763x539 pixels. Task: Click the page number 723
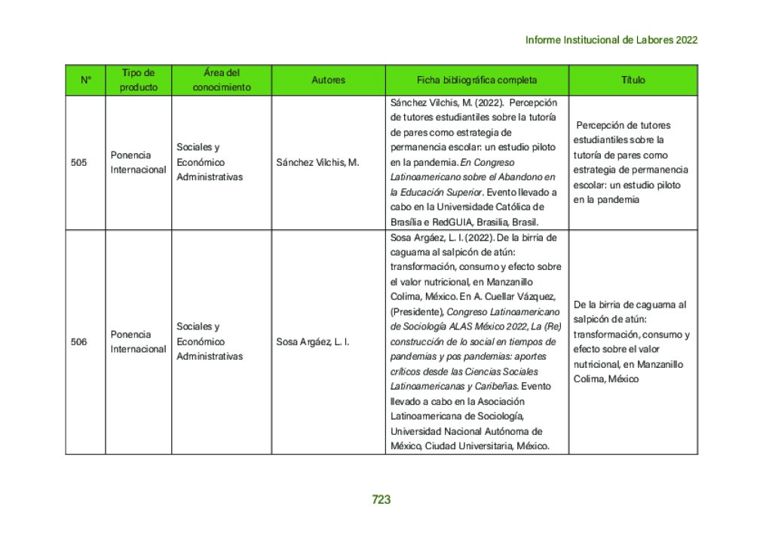(381, 499)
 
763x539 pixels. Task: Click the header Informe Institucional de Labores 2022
(611, 40)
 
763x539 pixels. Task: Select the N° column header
(85, 80)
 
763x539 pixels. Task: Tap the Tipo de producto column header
(139, 80)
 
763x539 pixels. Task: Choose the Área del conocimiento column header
(222, 80)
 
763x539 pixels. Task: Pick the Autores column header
(328, 80)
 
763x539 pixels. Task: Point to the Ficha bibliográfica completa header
(476, 80)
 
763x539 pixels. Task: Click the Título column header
(633, 80)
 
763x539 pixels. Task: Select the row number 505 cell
(78, 162)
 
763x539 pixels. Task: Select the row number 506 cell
(78, 341)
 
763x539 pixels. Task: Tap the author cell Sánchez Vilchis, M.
(317, 162)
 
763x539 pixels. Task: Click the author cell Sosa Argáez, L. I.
(313, 341)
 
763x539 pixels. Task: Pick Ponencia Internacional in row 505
(138, 162)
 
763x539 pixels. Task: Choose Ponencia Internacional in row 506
(138, 341)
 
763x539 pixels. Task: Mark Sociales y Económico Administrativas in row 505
(210, 162)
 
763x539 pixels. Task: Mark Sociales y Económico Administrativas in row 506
(210, 341)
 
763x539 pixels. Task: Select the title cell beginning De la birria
(631, 341)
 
